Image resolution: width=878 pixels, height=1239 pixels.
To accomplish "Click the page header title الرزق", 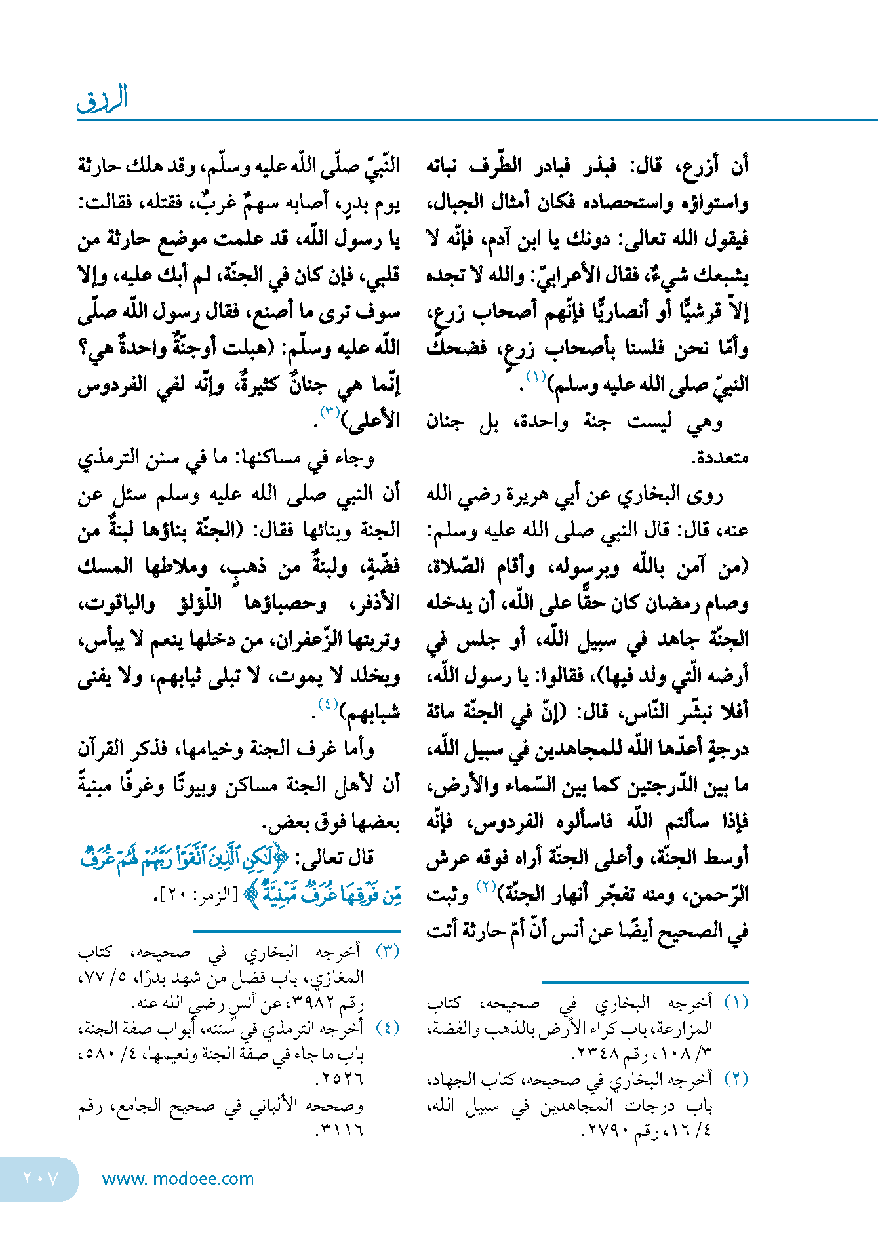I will pos(103,98).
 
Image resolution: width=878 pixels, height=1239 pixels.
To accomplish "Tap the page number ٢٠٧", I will pos(41,1179).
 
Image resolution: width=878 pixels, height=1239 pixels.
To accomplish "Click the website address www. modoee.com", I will pos(178,1179).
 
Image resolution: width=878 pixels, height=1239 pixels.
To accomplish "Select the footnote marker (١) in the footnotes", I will pos(736,1003).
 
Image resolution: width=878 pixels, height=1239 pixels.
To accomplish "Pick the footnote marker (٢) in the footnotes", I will pos(736,1079).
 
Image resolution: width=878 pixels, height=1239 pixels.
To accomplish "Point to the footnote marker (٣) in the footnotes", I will pos(387,952).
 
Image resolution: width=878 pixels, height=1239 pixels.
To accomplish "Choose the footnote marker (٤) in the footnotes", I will pos(387,1028).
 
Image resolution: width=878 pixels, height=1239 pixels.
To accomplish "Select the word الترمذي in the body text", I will pos(110,457).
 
